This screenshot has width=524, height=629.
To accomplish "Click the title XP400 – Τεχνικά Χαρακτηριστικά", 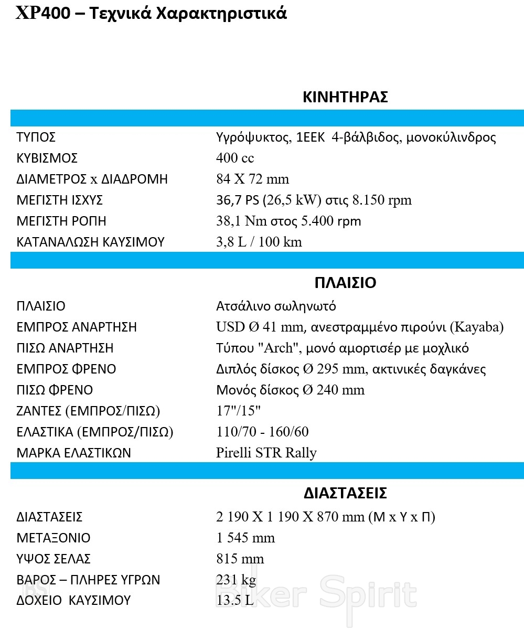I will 152,13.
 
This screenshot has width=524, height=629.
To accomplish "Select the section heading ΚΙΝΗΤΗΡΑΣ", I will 345,97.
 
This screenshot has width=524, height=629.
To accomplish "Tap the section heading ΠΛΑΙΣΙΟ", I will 345,283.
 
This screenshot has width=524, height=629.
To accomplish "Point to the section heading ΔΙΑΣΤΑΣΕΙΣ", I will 345,493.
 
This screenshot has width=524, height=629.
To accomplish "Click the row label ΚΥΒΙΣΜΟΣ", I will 47,158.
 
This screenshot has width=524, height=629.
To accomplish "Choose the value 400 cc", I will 235,158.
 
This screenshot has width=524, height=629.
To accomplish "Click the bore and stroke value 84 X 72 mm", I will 252,179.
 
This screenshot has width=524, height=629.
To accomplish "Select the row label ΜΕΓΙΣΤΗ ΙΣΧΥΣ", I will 59,200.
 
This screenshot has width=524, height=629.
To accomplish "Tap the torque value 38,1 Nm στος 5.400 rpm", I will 288,221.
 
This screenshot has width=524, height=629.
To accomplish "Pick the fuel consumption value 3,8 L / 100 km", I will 259,242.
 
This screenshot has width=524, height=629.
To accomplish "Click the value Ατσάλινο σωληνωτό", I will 276,306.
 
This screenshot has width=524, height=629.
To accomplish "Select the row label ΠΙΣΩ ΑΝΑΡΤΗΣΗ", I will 65,348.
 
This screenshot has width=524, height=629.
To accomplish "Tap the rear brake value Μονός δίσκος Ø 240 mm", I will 290,390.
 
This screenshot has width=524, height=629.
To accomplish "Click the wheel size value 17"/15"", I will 239,411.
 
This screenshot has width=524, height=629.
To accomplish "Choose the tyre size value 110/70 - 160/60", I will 262,432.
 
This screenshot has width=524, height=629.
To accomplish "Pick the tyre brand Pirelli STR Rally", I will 266,453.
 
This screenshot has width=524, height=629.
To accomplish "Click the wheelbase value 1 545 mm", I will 245,538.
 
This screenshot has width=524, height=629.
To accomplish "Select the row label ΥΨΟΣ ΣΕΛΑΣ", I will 54,559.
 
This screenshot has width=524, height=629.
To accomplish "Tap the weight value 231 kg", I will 236,580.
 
